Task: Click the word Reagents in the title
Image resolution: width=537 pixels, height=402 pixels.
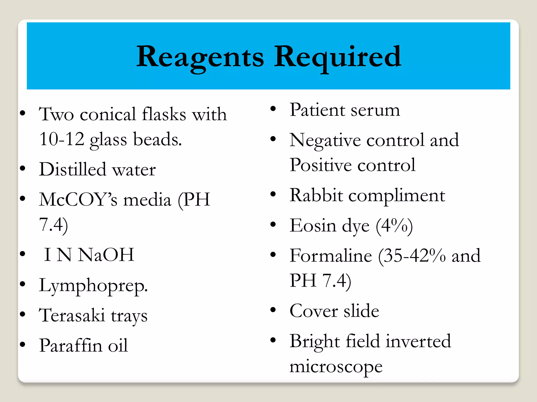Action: [x=200, y=57]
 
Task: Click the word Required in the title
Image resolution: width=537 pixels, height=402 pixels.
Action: [x=337, y=57]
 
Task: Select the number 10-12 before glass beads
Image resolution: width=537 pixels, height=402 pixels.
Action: [x=62, y=139]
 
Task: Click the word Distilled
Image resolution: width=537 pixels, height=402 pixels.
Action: [x=73, y=169]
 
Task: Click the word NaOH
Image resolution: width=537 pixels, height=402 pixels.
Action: [x=106, y=255]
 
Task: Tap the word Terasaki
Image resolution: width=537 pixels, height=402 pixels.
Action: [x=72, y=315]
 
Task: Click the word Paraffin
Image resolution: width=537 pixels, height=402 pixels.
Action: [x=71, y=345]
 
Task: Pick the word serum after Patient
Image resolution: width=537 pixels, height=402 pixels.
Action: [x=375, y=110]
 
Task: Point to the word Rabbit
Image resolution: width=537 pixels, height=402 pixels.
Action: [x=316, y=196]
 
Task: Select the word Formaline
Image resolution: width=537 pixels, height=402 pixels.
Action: [x=331, y=256]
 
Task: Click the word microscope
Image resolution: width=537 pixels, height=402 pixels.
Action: [x=336, y=367]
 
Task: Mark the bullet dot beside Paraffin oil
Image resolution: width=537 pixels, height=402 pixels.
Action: [x=23, y=344]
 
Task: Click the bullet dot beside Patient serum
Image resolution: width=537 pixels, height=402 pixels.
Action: [x=273, y=108]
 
